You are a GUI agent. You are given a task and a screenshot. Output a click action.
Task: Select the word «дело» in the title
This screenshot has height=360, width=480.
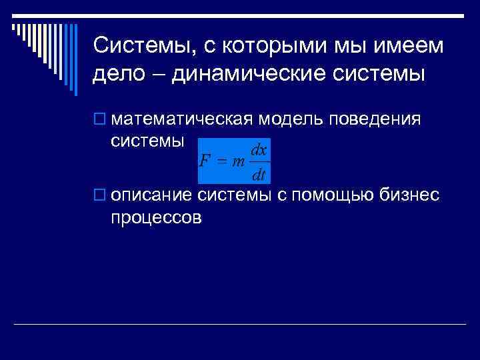tap(119, 74)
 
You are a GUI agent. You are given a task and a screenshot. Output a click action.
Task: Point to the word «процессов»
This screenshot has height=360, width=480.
tap(156, 217)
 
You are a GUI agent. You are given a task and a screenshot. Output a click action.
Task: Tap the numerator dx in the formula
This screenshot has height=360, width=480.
tap(260, 151)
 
